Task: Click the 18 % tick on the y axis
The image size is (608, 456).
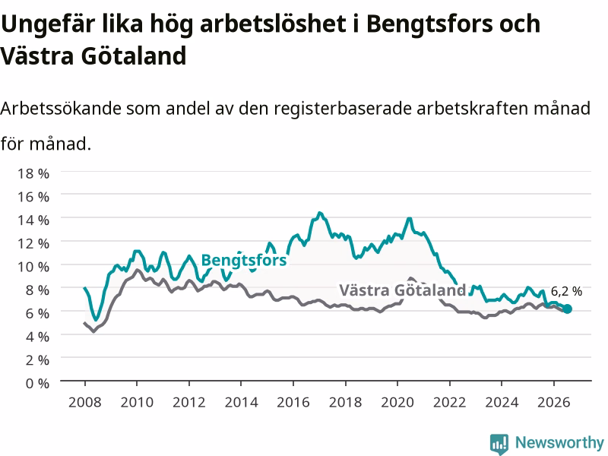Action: (33, 173)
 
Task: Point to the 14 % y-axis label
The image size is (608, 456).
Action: (33, 220)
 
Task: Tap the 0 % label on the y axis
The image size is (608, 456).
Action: (37, 383)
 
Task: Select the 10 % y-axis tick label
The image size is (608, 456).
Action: (33, 267)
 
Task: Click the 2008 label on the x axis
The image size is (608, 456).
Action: (85, 402)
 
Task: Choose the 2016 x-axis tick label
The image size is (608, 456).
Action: (293, 402)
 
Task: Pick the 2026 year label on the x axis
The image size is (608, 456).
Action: (554, 402)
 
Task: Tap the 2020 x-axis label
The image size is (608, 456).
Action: (397, 402)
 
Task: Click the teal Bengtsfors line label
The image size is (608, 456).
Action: (244, 260)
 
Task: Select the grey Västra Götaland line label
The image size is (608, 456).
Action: (403, 290)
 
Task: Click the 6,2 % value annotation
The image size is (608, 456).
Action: (566, 291)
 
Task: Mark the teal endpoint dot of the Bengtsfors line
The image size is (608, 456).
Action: (567, 309)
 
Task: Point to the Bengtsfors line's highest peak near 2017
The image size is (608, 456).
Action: (319, 213)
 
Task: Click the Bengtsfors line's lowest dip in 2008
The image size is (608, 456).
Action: (97, 319)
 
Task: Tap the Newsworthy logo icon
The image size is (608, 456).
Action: (499, 444)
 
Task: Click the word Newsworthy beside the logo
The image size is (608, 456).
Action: (559, 442)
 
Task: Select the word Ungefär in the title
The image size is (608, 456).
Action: (48, 24)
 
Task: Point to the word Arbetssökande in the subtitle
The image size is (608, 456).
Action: (61, 109)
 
